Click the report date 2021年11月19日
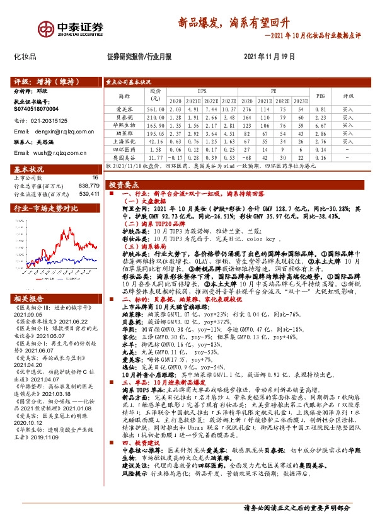tap(268, 57)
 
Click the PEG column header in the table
tap(320, 96)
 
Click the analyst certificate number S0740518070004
tap(37, 109)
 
